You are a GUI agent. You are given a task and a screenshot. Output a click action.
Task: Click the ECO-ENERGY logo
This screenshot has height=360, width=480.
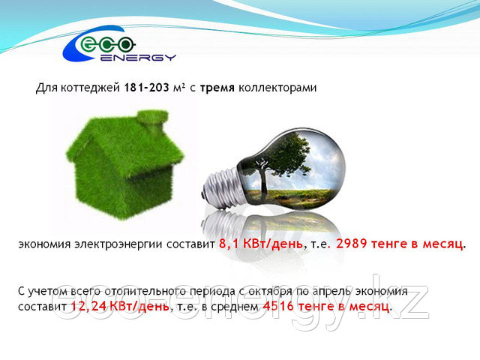[x=119, y=43]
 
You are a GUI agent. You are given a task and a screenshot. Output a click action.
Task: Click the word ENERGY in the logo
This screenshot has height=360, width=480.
[x=138, y=57]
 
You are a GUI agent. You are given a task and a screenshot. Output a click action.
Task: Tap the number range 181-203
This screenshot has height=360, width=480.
[x=146, y=88]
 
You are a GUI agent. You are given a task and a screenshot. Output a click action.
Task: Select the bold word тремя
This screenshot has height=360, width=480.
[x=217, y=88]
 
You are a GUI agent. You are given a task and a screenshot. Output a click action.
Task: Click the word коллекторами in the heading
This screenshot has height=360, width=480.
[x=277, y=88]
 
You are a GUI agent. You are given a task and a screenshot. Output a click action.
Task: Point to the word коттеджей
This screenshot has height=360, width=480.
[x=90, y=88]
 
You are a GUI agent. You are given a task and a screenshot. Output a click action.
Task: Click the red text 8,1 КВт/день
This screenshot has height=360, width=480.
[x=261, y=244]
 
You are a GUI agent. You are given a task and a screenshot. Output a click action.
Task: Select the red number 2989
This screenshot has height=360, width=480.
[x=351, y=244]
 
